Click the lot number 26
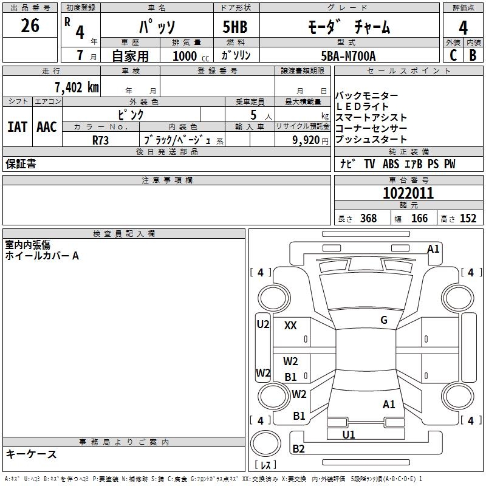[30, 26]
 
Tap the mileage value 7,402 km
[76, 87]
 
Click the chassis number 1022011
[408, 193]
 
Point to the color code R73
[101, 140]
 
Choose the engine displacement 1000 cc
[185, 56]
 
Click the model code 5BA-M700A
[348, 56]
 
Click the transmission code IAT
[17, 126]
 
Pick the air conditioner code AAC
[46, 126]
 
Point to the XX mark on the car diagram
[290, 326]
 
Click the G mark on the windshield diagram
[383, 320]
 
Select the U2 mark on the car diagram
[262, 324]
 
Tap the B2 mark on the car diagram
[298, 449]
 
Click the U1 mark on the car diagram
[349, 434]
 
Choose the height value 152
[468, 219]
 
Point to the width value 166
[419, 219]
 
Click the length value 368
[368, 219]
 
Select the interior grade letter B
[473, 55]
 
